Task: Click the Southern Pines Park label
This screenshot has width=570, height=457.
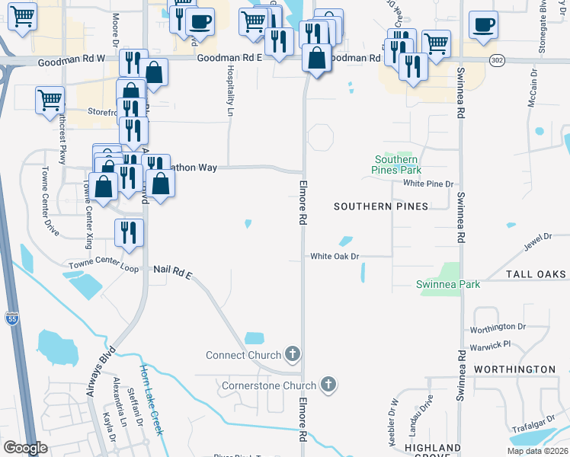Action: (397, 165)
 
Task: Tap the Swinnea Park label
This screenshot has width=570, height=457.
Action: (448, 284)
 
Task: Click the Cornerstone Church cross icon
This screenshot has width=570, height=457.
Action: (328, 385)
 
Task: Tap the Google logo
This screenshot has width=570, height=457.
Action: (25, 448)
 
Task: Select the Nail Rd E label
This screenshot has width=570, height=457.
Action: (171, 270)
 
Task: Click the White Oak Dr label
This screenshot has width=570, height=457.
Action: (334, 257)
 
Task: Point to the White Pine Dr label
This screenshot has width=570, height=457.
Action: (428, 184)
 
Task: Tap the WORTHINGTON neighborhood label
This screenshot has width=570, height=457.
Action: (514, 369)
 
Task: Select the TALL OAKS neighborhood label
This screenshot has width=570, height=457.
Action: (536, 274)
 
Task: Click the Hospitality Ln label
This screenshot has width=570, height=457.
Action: (230, 91)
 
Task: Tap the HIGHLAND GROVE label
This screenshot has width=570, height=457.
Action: (433, 452)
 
